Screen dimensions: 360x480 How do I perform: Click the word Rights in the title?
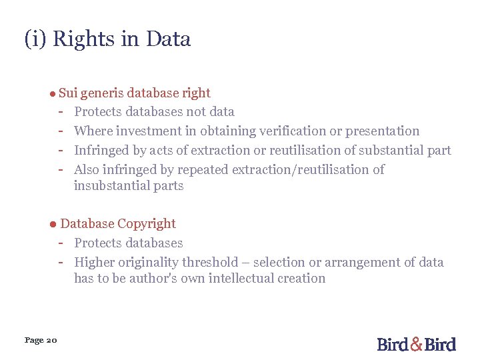point(83,39)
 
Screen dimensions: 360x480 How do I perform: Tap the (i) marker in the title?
point(35,39)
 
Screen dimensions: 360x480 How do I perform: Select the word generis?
point(103,93)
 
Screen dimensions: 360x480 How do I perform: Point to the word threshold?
point(208,263)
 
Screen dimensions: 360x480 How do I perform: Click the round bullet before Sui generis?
point(51,94)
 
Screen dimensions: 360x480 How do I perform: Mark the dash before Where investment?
point(61,131)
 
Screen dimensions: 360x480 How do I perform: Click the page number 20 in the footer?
point(52,341)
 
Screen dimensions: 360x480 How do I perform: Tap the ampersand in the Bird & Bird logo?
point(416,344)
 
